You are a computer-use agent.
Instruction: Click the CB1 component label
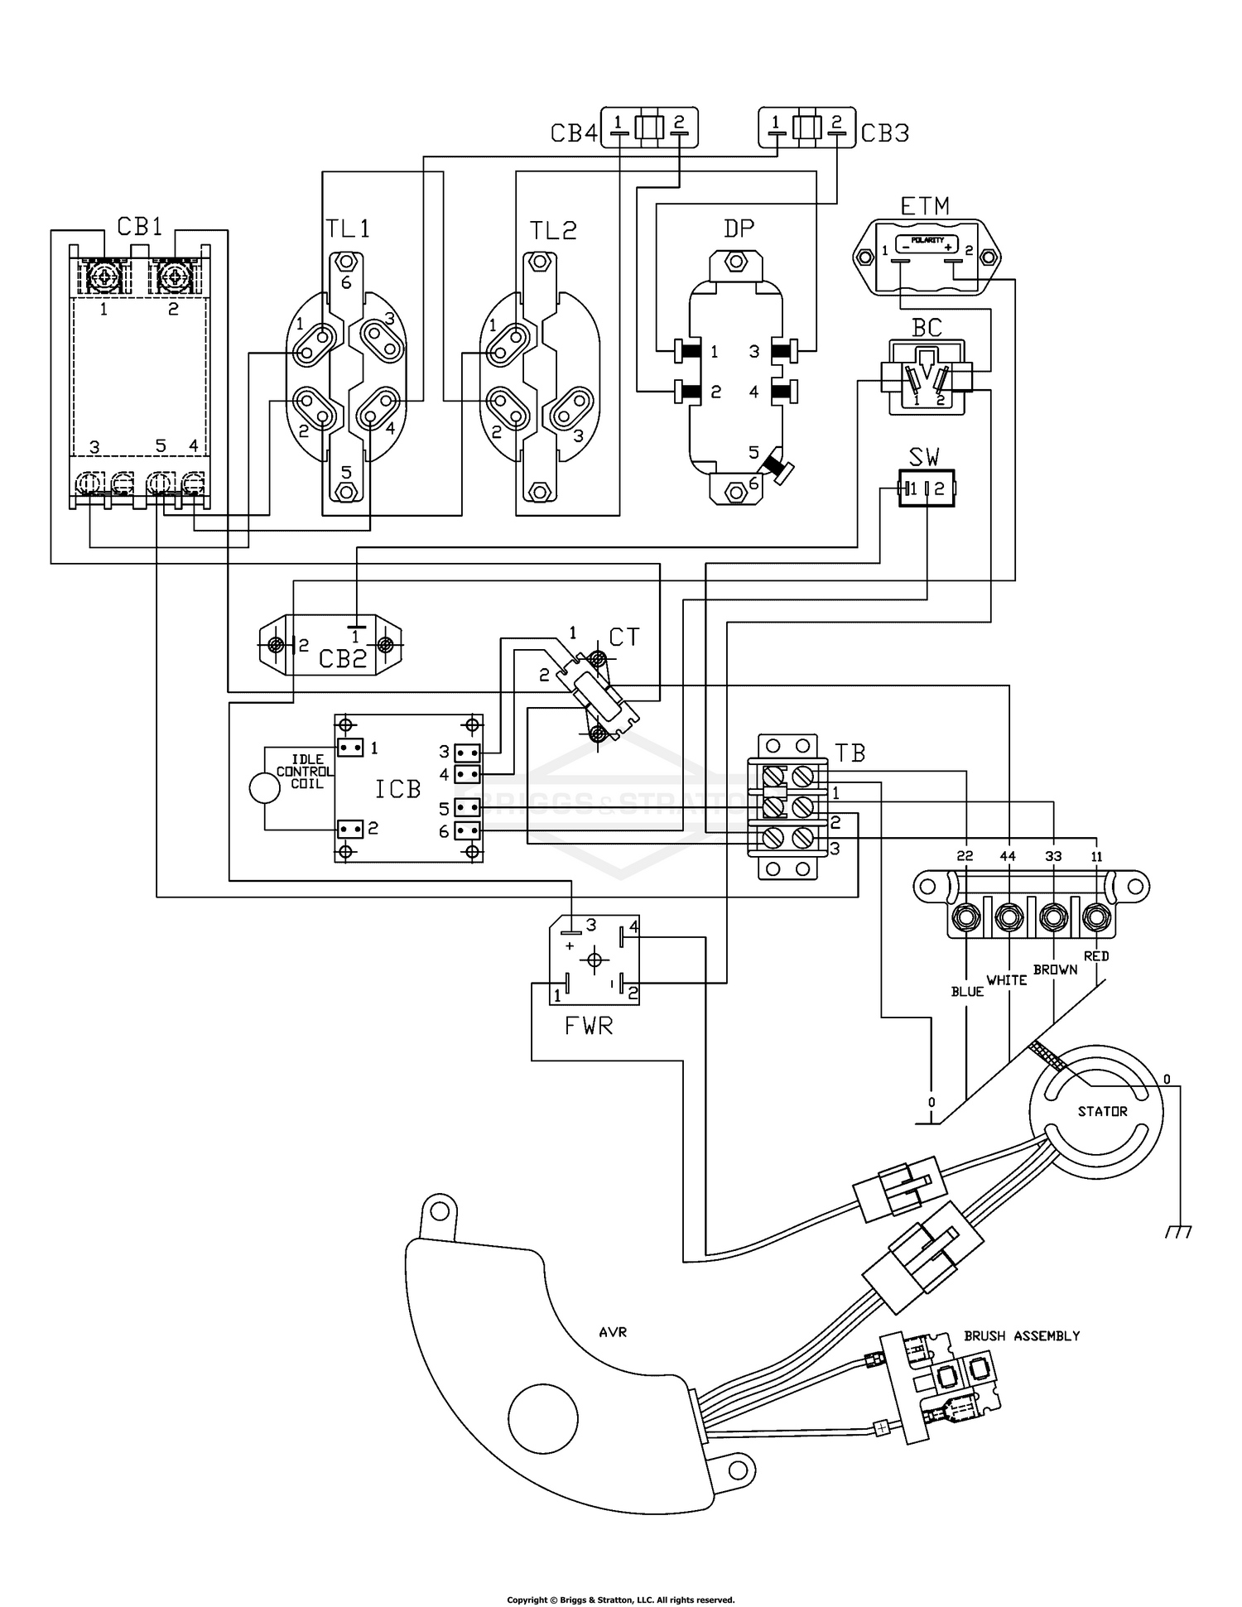(x=139, y=226)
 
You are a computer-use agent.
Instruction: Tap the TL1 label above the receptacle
(x=348, y=229)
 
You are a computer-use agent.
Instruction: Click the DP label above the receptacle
(x=739, y=229)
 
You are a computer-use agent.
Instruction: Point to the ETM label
(x=924, y=205)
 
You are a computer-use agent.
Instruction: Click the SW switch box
(x=927, y=488)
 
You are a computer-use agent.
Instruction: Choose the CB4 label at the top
(x=574, y=133)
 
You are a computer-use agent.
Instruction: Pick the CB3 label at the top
(x=884, y=133)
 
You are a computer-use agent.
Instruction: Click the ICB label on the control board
(x=398, y=789)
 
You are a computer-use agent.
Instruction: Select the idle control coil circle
(x=265, y=788)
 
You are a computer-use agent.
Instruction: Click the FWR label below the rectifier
(x=589, y=1027)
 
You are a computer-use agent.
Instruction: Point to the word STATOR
(x=1102, y=1111)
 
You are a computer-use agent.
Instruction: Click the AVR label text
(x=613, y=1332)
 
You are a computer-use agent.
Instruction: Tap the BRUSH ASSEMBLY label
(x=1022, y=1335)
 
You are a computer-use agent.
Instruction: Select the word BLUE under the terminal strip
(x=967, y=991)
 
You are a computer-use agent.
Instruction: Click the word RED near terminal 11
(x=1096, y=955)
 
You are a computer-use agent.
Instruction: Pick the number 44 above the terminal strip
(x=1008, y=856)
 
